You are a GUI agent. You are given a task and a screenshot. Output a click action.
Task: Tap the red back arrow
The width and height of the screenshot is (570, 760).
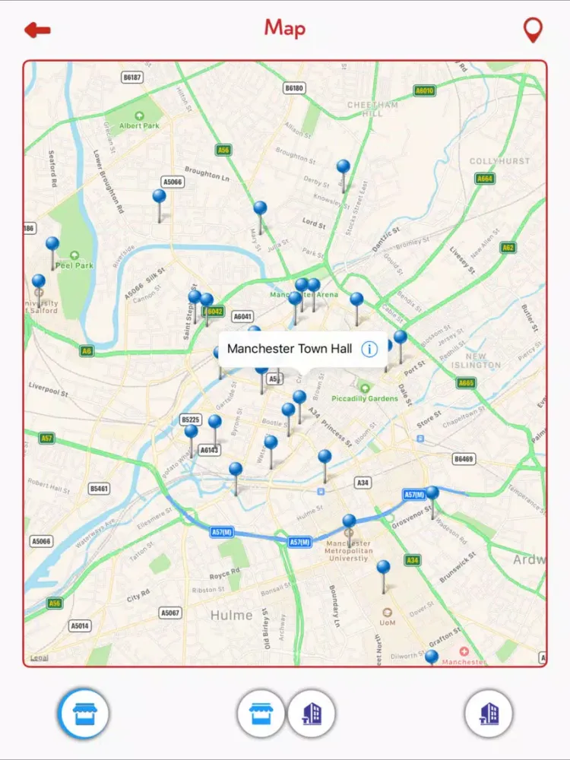(x=37, y=30)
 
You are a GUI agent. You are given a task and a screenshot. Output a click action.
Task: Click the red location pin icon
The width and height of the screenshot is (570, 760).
(x=534, y=30)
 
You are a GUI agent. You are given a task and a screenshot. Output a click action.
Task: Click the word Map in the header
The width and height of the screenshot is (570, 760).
(x=285, y=29)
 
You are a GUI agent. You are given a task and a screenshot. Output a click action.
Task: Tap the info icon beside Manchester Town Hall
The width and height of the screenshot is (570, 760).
(x=369, y=349)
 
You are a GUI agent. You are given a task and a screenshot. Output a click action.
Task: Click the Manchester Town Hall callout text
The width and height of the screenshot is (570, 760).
(x=290, y=349)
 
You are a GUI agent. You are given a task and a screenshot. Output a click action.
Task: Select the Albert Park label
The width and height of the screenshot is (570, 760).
(x=140, y=125)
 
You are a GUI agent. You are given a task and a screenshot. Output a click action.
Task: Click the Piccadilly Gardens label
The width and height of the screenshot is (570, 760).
(x=365, y=397)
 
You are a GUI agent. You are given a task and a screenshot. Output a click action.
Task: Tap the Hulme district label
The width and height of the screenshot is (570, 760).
(x=231, y=615)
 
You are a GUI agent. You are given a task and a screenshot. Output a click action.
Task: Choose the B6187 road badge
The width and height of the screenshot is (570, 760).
(x=132, y=78)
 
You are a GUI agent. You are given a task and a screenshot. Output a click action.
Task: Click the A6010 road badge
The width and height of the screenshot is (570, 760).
(x=425, y=91)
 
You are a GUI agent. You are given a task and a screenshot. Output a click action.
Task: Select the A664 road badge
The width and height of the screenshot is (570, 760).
(x=484, y=179)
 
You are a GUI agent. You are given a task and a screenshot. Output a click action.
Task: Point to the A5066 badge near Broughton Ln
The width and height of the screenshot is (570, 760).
(x=173, y=182)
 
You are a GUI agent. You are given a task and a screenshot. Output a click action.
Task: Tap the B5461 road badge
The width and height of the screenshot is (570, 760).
(x=99, y=489)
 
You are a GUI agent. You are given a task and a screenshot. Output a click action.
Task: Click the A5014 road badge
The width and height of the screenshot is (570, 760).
(x=80, y=626)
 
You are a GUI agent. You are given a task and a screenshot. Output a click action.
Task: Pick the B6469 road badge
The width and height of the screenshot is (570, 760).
(x=464, y=459)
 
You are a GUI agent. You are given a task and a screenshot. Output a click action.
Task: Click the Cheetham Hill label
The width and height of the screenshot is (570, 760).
(x=372, y=109)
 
